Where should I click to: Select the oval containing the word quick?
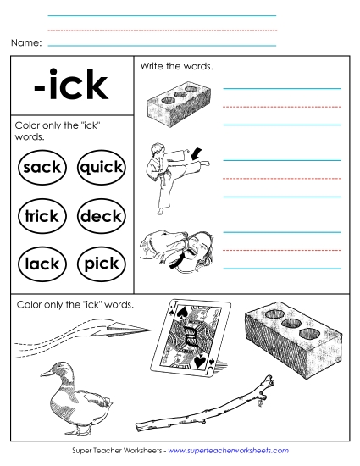pyautogui.click(x=100, y=167)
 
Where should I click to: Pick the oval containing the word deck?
pyautogui.click(x=100, y=216)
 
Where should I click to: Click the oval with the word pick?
pyautogui.click(x=100, y=264)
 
